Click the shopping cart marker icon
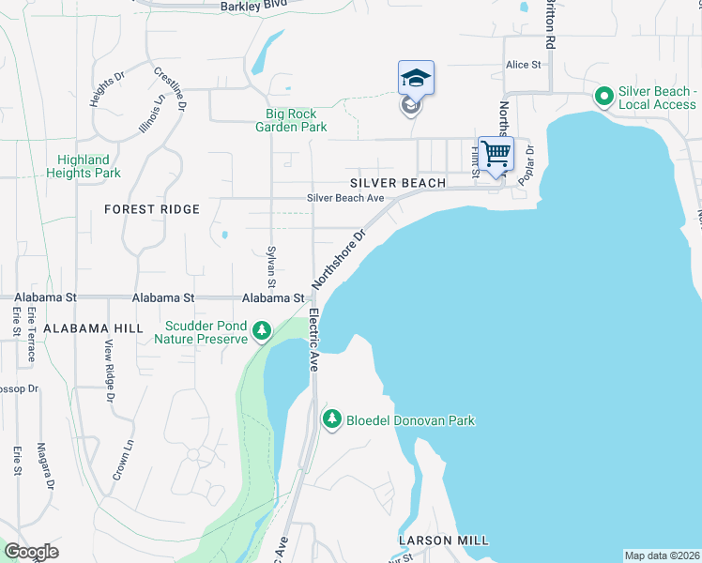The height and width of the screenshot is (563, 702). click(496, 153)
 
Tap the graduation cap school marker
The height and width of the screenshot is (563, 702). click(416, 78)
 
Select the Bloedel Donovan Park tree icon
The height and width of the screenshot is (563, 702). click(331, 418)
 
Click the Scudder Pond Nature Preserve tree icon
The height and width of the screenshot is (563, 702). click(262, 329)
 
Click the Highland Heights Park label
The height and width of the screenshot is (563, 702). click(84, 166)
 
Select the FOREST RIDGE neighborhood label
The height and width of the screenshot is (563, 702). click(152, 209)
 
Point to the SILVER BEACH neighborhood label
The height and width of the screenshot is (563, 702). click(398, 183)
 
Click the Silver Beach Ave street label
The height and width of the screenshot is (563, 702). click(346, 198)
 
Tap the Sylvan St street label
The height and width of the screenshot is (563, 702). click(271, 267)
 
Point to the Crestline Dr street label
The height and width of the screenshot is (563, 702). click(172, 85)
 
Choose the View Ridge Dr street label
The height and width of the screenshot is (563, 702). click(109, 369)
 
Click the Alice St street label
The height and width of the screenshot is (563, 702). click(524, 65)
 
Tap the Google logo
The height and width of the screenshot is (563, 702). click(31, 552)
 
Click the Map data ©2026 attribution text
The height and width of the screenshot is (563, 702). click(661, 555)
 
